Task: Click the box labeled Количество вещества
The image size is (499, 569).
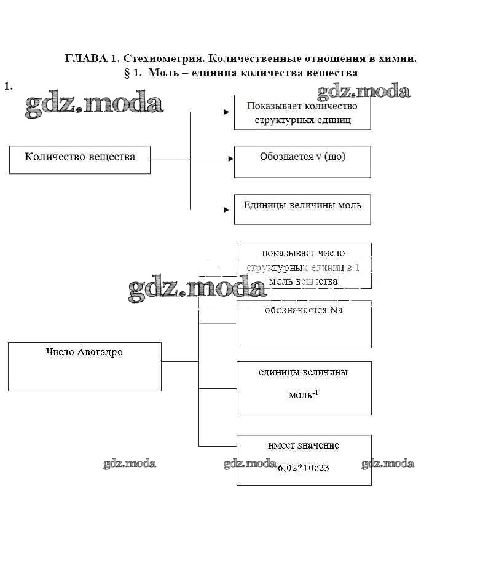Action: (x=80, y=159)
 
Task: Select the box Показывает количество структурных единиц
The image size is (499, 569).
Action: (x=302, y=112)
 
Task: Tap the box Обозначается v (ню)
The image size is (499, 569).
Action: (x=302, y=161)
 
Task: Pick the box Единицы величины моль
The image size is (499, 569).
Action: (x=302, y=209)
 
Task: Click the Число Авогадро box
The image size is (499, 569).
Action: (x=84, y=366)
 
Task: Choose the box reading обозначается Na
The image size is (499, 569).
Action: (x=304, y=324)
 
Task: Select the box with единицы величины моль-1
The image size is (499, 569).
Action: (x=304, y=388)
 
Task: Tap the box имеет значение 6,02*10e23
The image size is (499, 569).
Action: (x=304, y=460)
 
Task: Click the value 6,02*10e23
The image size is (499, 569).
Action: (x=304, y=468)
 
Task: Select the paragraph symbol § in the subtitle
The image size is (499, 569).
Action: (x=127, y=73)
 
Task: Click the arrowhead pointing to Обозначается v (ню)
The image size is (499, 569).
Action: (x=230, y=159)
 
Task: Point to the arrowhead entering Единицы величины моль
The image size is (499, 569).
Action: (x=230, y=210)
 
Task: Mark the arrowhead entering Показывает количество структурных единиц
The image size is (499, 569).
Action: (x=230, y=112)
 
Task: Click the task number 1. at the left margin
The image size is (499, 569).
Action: (x=8, y=86)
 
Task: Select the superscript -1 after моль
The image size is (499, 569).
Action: (x=315, y=391)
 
